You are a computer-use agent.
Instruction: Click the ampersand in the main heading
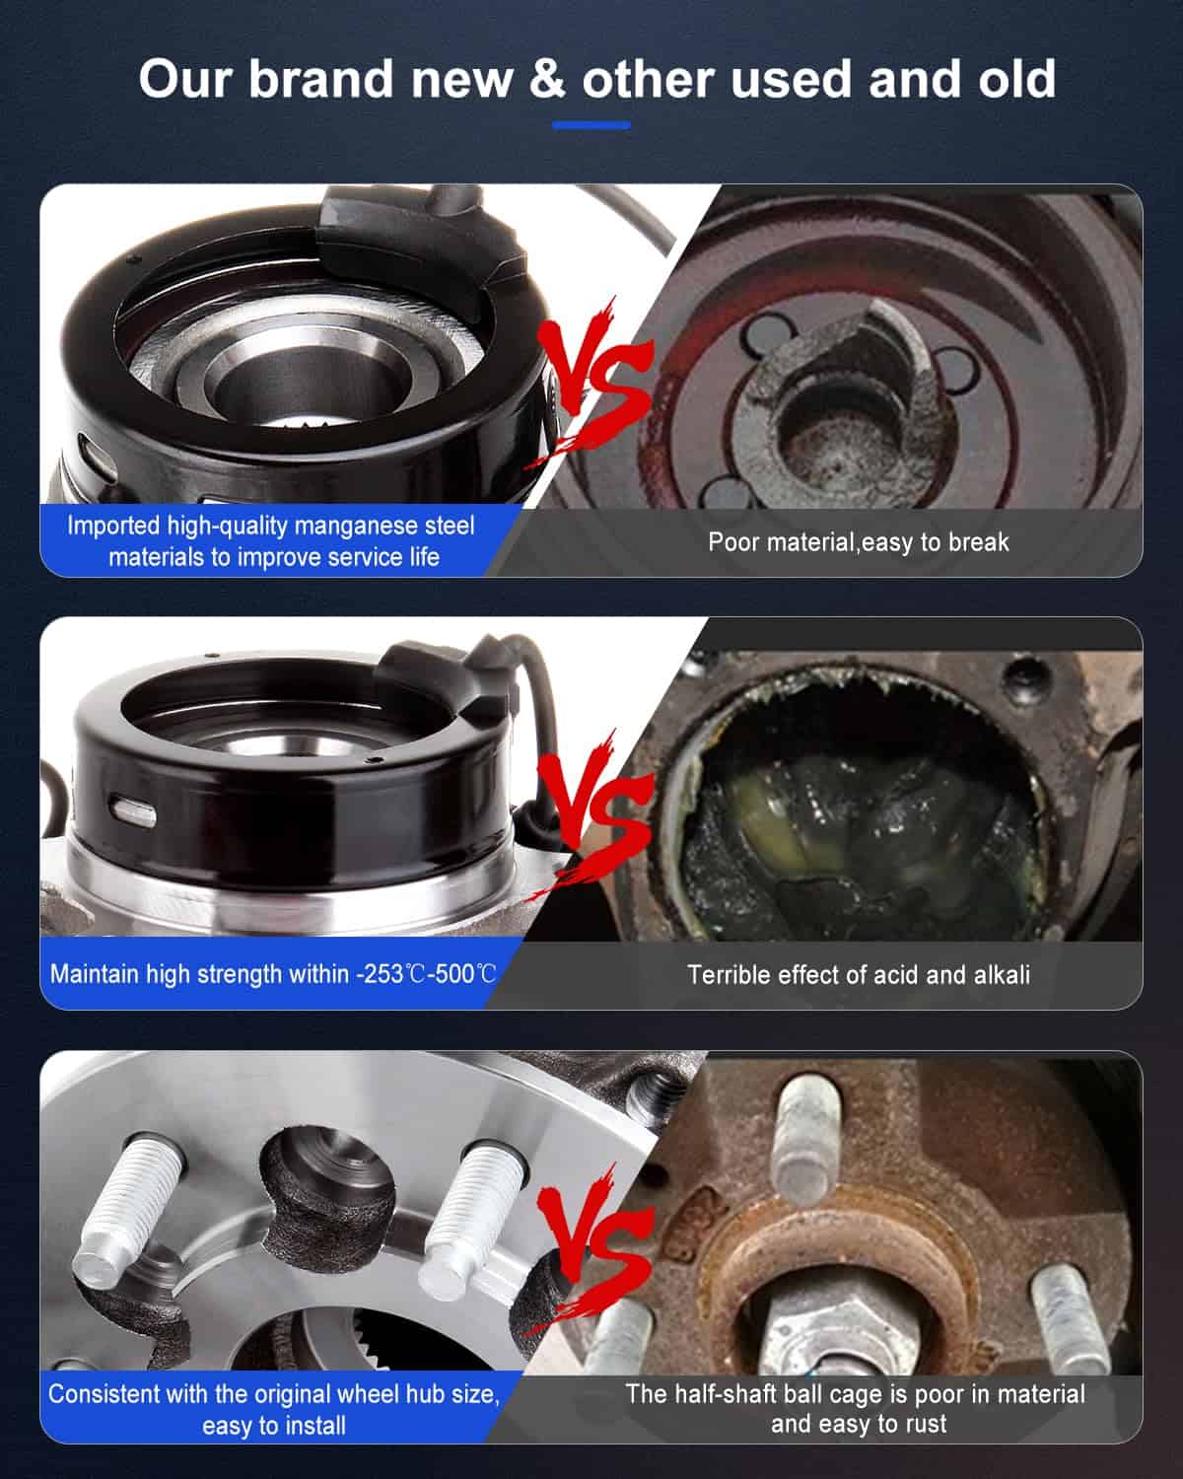547,79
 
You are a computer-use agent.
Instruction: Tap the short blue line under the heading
591,125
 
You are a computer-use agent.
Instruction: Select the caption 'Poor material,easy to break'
859,542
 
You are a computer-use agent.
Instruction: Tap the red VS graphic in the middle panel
592,814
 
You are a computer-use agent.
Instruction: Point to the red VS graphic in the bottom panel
592,1247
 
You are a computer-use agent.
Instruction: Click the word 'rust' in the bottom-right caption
926,1424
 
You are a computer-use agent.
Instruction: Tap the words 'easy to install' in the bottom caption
274,1426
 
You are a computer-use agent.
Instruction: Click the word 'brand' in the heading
321,79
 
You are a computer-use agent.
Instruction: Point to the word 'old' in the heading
1017,78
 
